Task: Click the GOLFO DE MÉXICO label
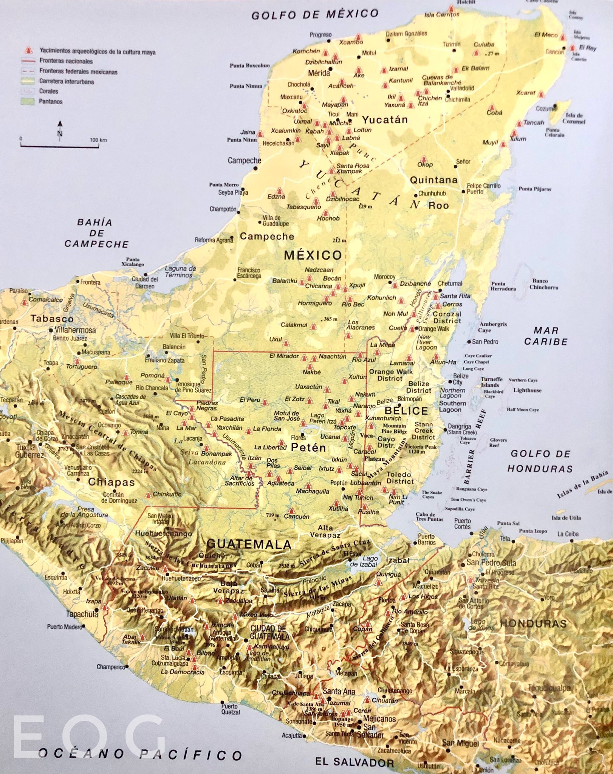click(x=315, y=14)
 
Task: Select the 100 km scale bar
click(x=59, y=144)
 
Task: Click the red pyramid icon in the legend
click(x=28, y=51)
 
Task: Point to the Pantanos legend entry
click(x=50, y=102)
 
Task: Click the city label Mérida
click(x=319, y=73)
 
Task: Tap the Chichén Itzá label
click(x=430, y=101)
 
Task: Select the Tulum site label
click(x=518, y=139)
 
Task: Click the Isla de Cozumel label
click(x=574, y=118)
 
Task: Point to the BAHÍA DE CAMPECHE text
click(x=96, y=233)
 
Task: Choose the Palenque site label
click(x=119, y=382)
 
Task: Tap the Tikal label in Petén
click(x=333, y=402)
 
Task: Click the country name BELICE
click(x=406, y=411)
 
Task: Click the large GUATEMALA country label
click(x=249, y=544)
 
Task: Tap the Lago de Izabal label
click(x=370, y=561)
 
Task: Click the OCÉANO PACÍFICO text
click(x=140, y=755)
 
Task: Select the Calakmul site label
click(x=294, y=325)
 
